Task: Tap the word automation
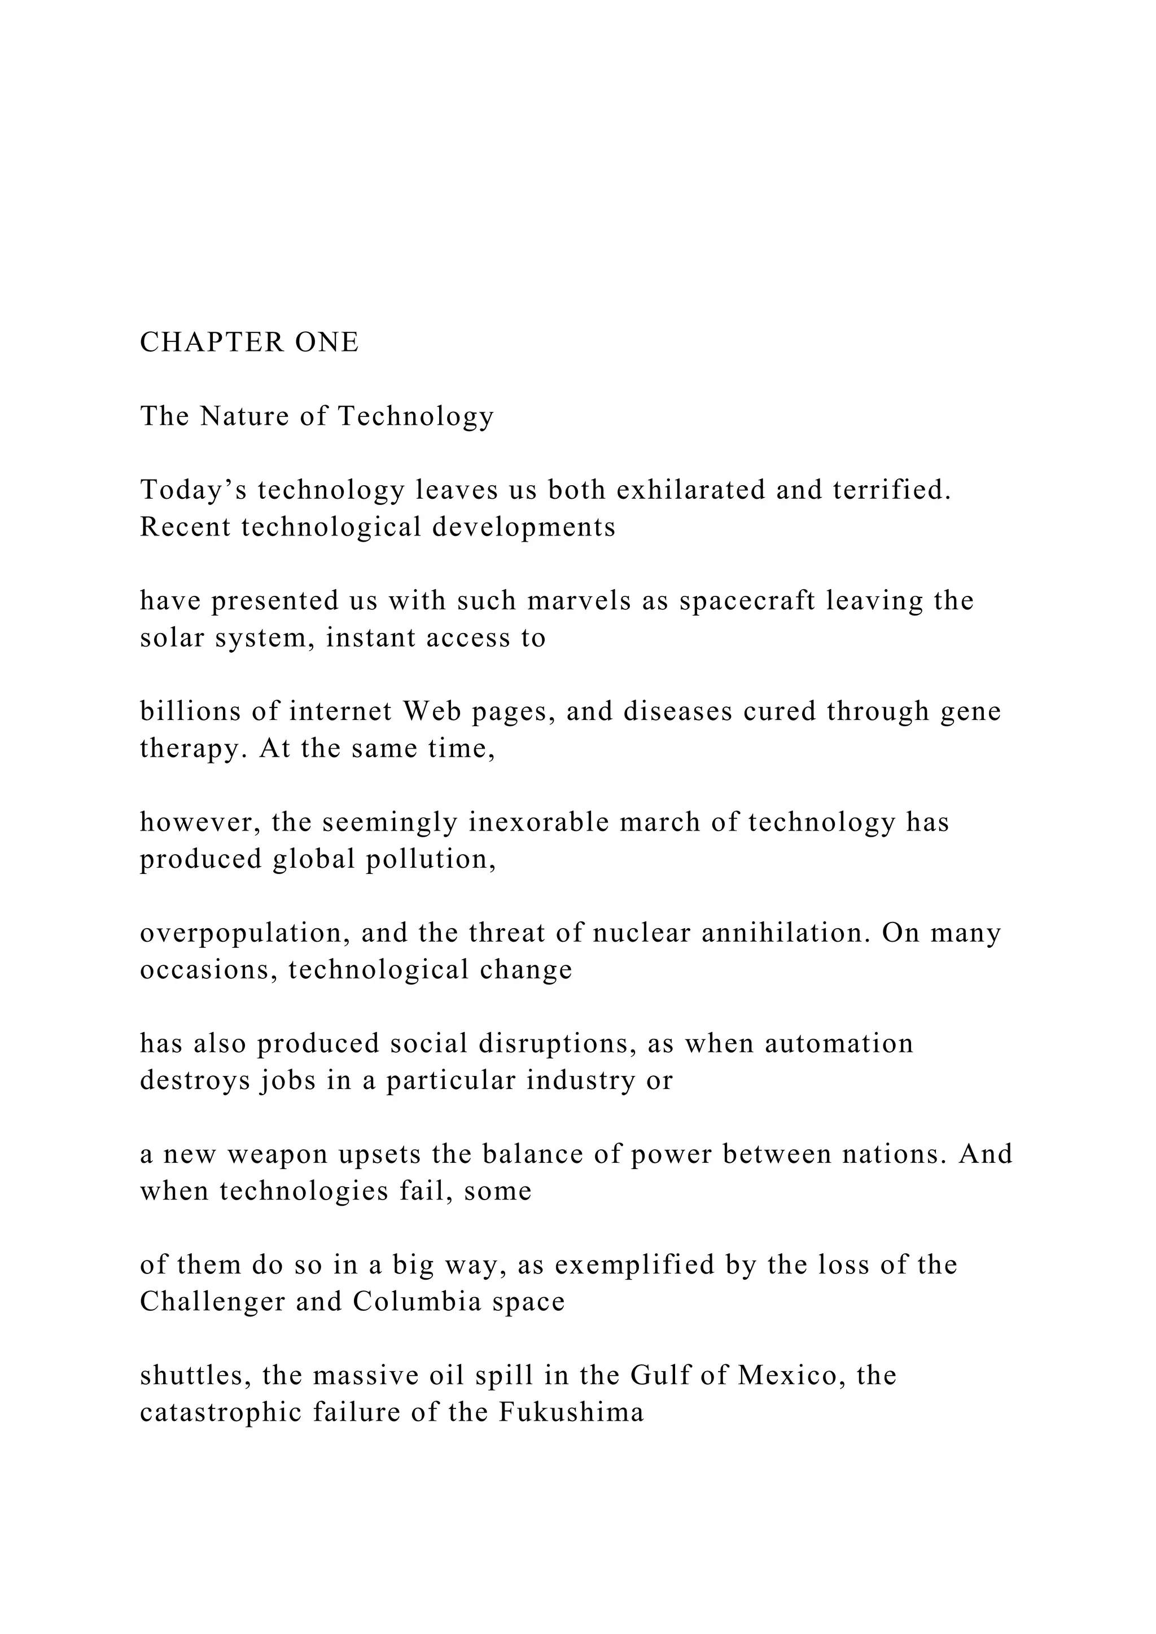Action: (x=839, y=1043)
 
